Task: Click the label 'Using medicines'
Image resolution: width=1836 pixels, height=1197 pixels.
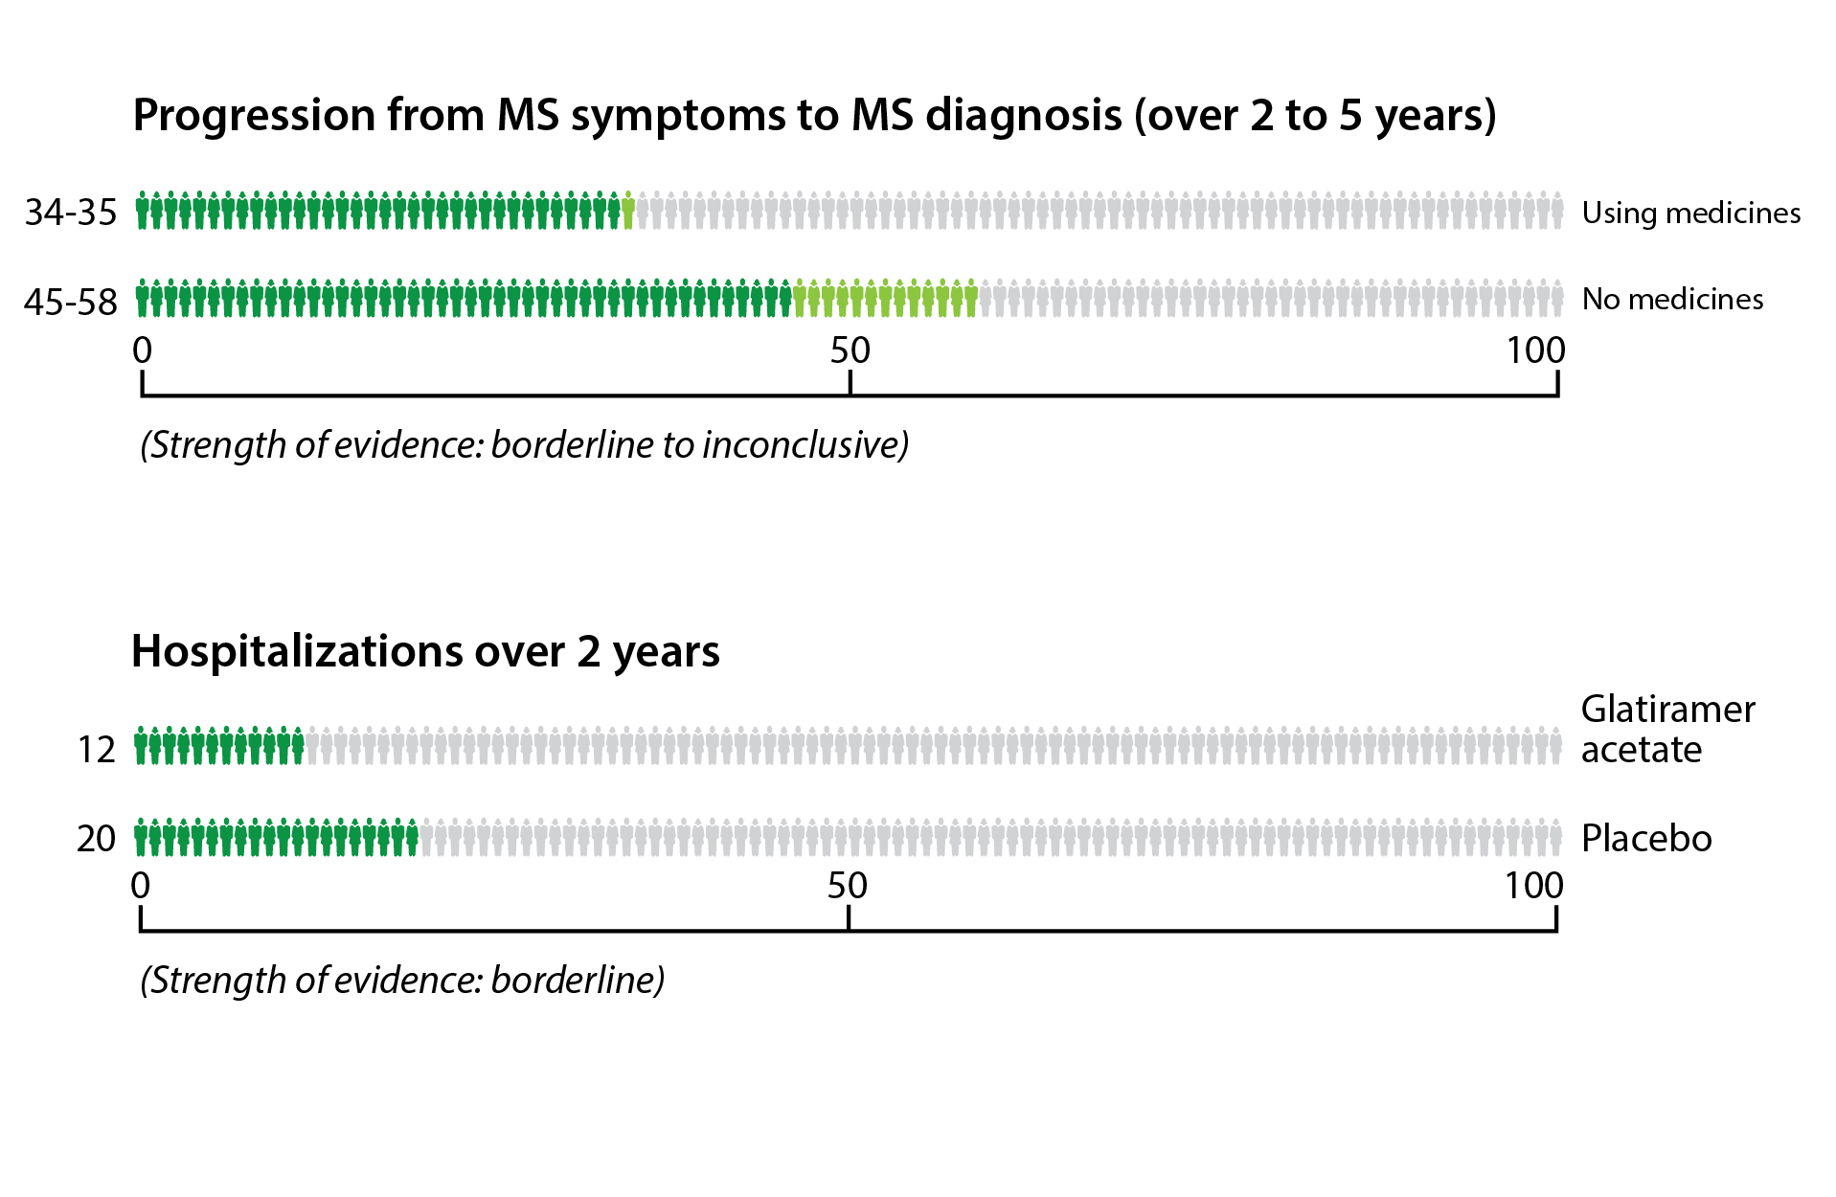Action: pyautogui.click(x=1690, y=213)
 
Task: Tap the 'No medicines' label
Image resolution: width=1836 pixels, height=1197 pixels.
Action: pyautogui.click(x=1671, y=299)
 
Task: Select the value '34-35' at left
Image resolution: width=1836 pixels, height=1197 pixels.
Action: pyautogui.click(x=71, y=213)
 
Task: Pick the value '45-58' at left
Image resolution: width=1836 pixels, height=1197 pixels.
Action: pyautogui.click(x=71, y=302)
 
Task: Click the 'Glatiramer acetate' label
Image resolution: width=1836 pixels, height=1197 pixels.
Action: pyautogui.click(x=1666, y=729)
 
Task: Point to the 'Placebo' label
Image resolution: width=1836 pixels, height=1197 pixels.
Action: pyautogui.click(x=1645, y=838)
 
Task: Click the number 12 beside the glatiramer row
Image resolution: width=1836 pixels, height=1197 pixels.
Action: pyautogui.click(x=96, y=749)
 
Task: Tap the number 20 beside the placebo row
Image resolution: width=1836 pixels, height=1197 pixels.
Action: pyautogui.click(x=96, y=838)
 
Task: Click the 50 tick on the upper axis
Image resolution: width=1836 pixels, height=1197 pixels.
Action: pyautogui.click(x=850, y=351)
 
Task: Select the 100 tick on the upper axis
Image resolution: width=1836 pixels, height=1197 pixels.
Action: pyautogui.click(x=1534, y=351)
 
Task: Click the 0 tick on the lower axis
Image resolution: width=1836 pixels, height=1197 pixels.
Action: pyautogui.click(x=141, y=886)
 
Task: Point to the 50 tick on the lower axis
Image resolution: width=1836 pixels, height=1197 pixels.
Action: pyautogui.click(x=848, y=886)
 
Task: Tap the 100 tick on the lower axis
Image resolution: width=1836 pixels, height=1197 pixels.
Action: pyautogui.click(x=1532, y=886)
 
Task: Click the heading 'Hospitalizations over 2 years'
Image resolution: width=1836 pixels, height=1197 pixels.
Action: pyautogui.click(x=425, y=651)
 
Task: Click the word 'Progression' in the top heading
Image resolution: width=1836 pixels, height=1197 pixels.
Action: pyautogui.click(x=254, y=116)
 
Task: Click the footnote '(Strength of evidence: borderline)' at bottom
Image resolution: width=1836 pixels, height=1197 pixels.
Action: pyautogui.click(x=402, y=980)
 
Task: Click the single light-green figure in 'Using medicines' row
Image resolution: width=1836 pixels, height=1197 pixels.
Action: pyautogui.click(x=628, y=211)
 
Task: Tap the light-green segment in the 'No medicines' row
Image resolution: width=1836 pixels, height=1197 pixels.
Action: pyautogui.click(x=885, y=299)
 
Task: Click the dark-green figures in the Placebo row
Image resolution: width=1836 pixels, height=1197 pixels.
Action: pyautogui.click(x=276, y=838)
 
